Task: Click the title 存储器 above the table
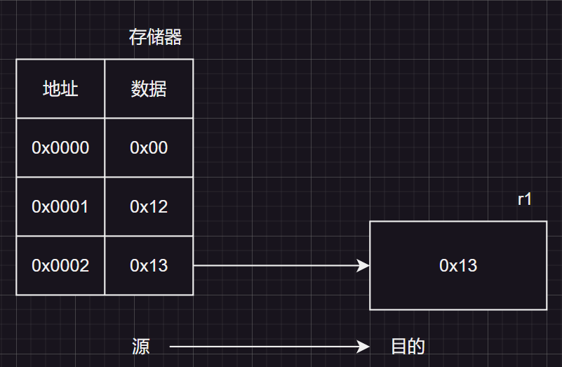pyautogui.click(x=155, y=37)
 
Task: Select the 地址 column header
pyautogui.click(x=60, y=89)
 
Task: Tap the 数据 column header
pyautogui.click(x=149, y=89)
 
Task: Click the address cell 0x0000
pyautogui.click(x=60, y=148)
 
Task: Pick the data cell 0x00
pyautogui.click(x=149, y=148)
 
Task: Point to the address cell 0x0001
pyautogui.click(x=60, y=207)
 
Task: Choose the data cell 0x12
pyautogui.click(x=149, y=207)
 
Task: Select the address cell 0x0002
pyautogui.click(x=60, y=266)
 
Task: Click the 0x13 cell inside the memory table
pyautogui.click(x=149, y=266)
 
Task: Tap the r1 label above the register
pyautogui.click(x=525, y=199)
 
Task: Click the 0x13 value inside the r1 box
pyautogui.click(x=458, y=265)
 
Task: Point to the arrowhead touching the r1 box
pyautogui.click(x=363, y=265)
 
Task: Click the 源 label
pyautogui.click(x=141, y=347)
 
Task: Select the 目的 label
pyautogui.click(x=408, y=347)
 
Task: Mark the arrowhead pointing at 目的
pyautogui.click(x=363, y=347)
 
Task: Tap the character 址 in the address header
pyautogui.click(x=69, y=89)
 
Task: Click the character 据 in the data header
pyautogui.click(x=158, y=89)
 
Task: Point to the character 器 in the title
pyautogui.click(x=173, y=37)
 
